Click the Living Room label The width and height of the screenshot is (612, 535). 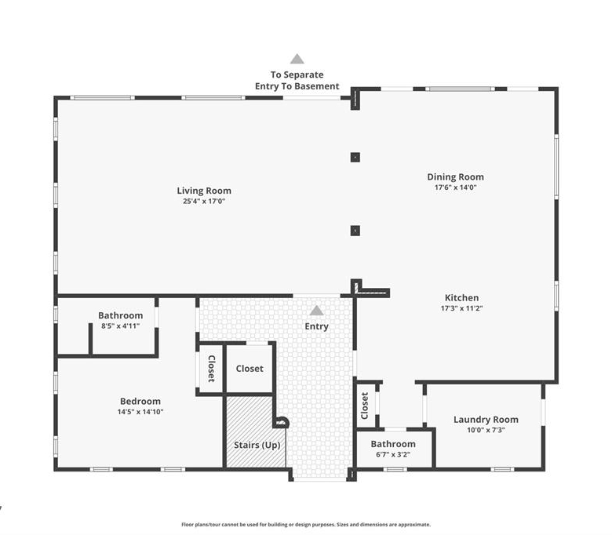204,191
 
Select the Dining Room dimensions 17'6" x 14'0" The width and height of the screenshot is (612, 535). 456,187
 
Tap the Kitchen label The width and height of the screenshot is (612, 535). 461,298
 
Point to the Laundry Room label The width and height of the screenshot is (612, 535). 486,420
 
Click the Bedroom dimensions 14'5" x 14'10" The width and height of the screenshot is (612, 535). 140,412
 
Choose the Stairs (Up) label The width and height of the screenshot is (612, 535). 257,446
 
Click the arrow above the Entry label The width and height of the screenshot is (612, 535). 316,310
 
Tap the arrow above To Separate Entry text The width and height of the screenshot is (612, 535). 297,59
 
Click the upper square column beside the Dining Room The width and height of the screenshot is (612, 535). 355,157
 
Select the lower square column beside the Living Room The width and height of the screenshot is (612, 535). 355,231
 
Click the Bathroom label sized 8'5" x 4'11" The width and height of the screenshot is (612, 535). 120,315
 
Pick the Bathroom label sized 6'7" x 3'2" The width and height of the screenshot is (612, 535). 393,444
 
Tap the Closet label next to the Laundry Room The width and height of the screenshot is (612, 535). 365,406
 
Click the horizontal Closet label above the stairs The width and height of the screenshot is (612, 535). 250,369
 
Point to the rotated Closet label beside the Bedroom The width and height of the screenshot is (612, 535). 211,369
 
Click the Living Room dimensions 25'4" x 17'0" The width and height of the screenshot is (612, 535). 204,202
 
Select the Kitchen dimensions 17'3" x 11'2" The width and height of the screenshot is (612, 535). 461,308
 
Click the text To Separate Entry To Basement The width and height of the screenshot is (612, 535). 297,80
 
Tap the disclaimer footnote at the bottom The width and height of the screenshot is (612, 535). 306,525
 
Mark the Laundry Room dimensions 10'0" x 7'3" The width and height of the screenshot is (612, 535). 486,430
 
